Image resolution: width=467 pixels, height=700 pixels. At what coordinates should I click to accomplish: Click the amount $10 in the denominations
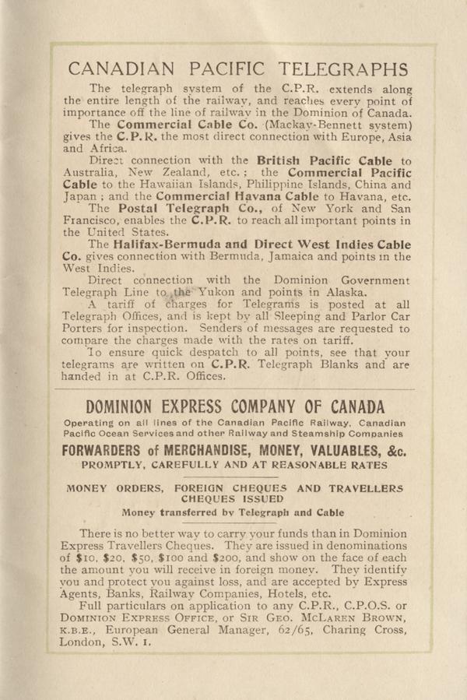click(90, 558)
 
